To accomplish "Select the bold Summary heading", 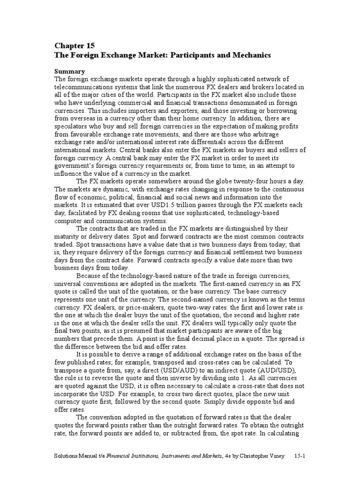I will tap(69, 72).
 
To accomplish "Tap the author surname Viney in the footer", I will tap(274, 455).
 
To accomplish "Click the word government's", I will tap(76, 165).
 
